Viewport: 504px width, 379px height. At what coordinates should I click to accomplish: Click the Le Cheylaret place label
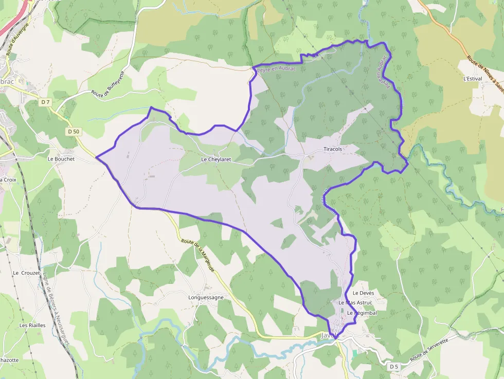pyautogui.click(x=216, y=159)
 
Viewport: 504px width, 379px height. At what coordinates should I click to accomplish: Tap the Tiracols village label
pyautogui.click(x=333, y=149)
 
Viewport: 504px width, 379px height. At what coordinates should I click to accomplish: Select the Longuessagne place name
pyautogui.click(x=206, y=297)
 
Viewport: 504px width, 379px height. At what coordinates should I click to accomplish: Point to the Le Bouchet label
pyautogui.click(x=61, y=159)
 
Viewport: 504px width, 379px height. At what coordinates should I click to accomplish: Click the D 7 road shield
pyautogui.click(x=45, y=102)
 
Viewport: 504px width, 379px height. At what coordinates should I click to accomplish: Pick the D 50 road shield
pyautogui.click(x=74, y=132)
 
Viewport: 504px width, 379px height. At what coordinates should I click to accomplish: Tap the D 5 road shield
pyautogui.click(x=394, y=366)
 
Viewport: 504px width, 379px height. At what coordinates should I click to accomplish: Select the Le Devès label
pyautogui.click(x=363, y=293)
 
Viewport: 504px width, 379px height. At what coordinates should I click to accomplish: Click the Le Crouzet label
pyautogui.click(x=27, y=273)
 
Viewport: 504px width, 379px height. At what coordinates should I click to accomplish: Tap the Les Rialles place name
pyautogui.click(x=32, y=325)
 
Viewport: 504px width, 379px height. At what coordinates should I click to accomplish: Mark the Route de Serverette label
pyautogui.click(x=430, y=349)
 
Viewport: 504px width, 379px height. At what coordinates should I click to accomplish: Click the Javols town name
pyautogui.click(x=330, y=335)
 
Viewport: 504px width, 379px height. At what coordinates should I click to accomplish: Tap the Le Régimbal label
pyautogui.click(x=362, y=313)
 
